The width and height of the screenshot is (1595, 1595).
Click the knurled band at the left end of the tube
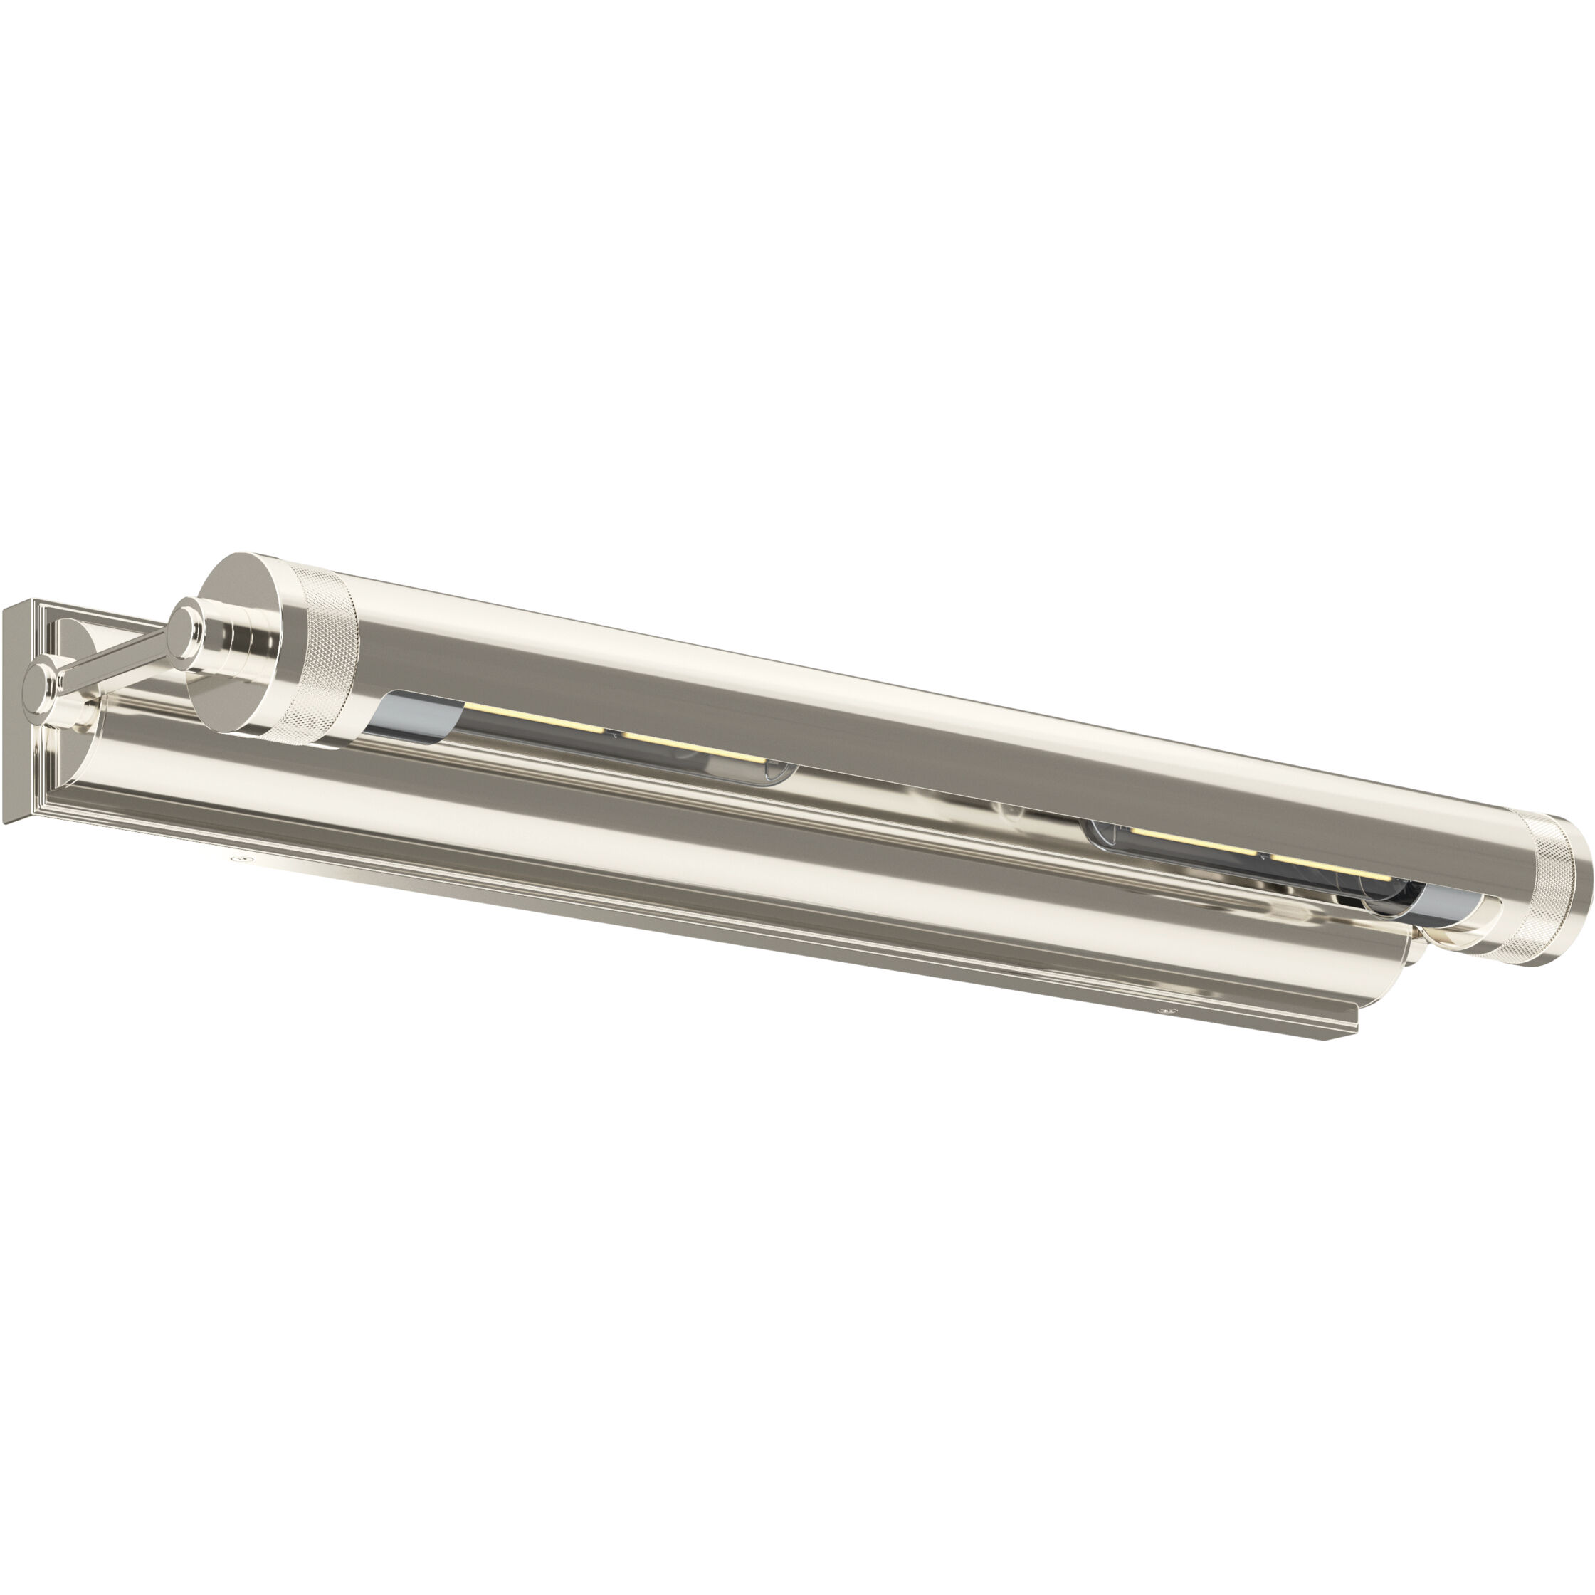pyautogui.click(x=318, y=652)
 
